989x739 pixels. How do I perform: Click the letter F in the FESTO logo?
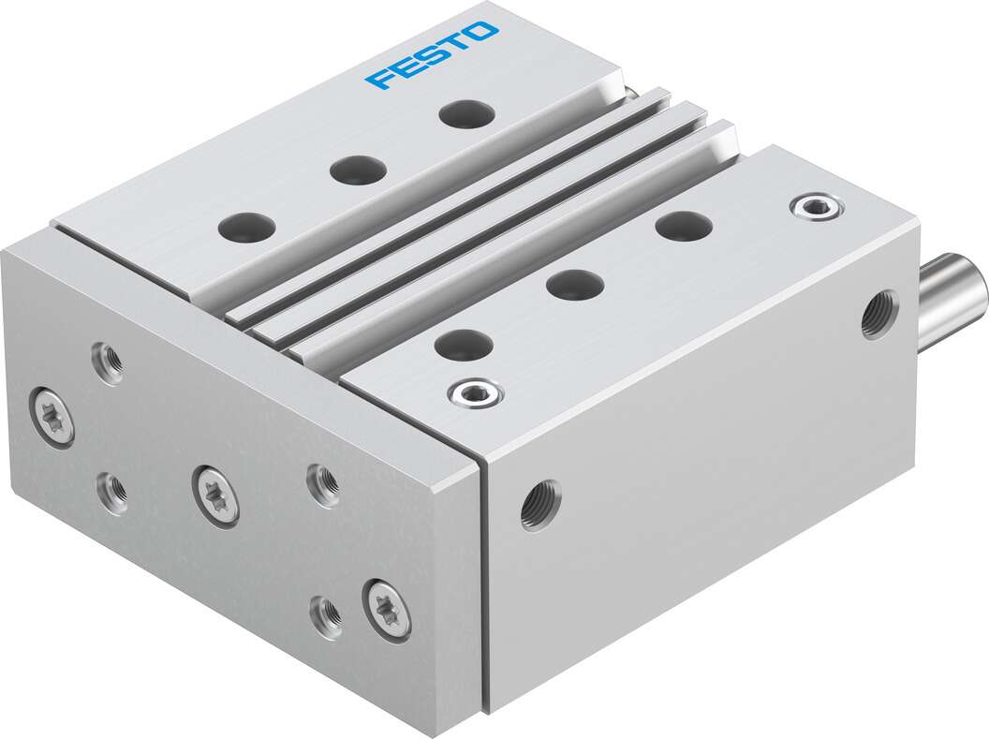coord(382,79)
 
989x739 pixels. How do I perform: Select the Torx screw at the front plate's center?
coord(215,495)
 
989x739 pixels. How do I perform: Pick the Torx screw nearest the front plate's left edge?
coord(52,418)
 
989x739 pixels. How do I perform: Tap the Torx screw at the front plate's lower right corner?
coord(387,610)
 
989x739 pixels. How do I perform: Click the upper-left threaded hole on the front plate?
coord(109,362)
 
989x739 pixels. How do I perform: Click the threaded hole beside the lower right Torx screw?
coord(326,616)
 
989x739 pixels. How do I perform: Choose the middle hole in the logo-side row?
coord(358,170)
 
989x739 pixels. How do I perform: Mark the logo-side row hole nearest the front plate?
coord(247,227)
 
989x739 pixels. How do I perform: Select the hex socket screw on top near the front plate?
coord(476,393)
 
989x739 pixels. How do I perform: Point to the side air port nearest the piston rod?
coord(878,315)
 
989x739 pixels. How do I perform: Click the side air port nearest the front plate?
coord(540,505)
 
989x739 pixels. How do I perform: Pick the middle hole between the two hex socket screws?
coord(574,284)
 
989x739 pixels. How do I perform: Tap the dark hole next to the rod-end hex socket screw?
coord(683,225)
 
